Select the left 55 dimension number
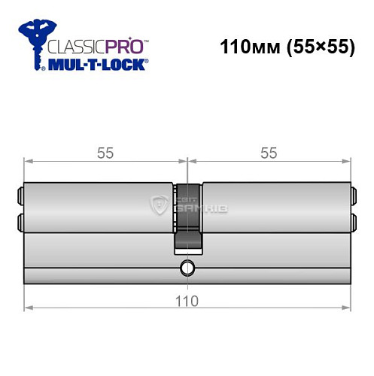pos(105,153)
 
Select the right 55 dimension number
pos(268,153)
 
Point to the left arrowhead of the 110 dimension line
pos(28,307)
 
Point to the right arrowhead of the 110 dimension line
pos(347,307)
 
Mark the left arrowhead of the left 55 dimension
pos(28,160)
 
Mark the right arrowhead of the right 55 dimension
pos(347,160)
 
